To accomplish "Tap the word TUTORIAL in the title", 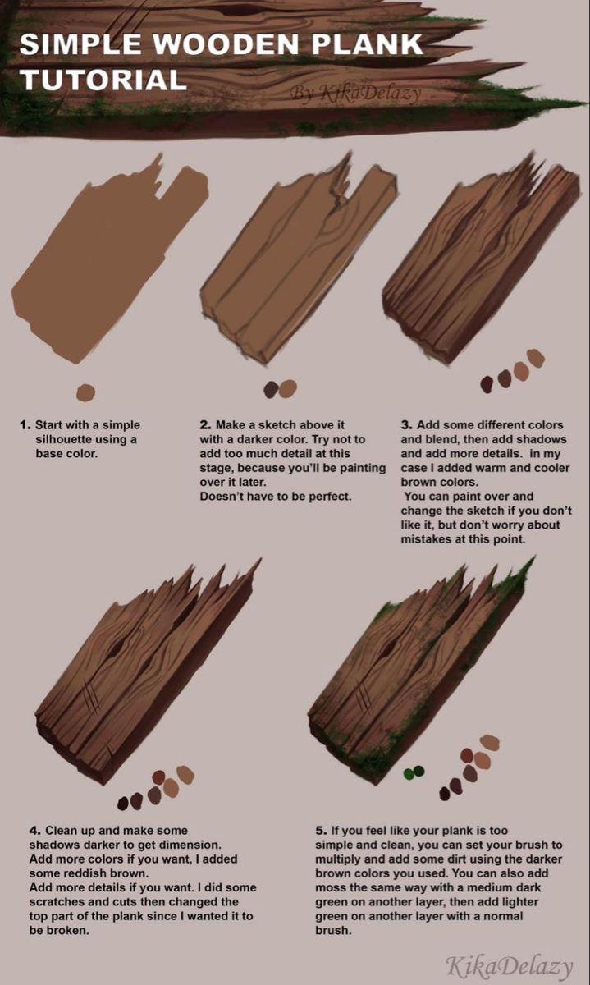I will (103, 80).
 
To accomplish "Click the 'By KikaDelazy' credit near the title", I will (354, 92).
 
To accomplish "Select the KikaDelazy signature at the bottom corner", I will (509, 966).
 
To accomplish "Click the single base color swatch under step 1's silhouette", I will (85, 393).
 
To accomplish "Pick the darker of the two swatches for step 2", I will (272, 389).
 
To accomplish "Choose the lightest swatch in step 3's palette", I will (536, 358).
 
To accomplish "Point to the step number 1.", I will (25, 425).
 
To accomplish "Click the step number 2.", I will (205, 425).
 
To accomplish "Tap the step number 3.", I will (406, 425).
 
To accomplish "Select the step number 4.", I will (34, 831).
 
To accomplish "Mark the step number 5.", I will (321, 831).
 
